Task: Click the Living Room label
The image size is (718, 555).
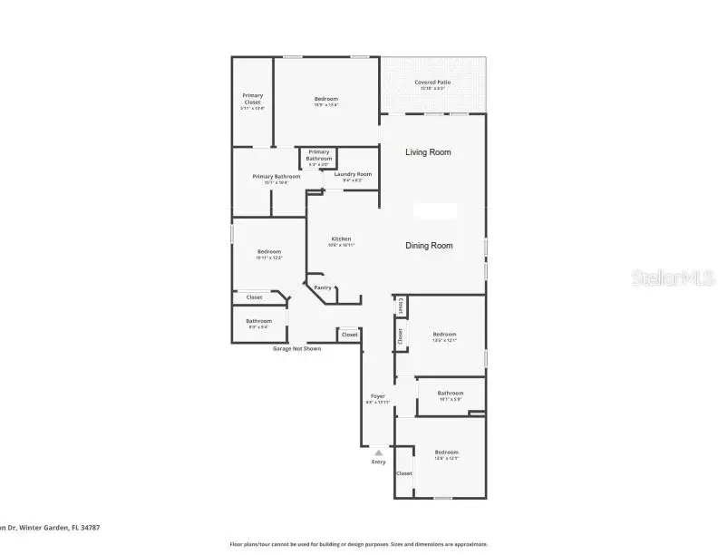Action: [x=428, y=152]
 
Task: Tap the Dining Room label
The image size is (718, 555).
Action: [x=428, y=246]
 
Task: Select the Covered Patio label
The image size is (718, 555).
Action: [x=432, y=83]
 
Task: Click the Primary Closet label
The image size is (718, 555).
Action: [x=252, y=99]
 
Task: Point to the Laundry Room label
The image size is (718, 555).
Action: [x=353, y=174]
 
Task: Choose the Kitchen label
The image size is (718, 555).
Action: [x=341, y=239]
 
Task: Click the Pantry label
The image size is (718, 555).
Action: [x=323, y=288]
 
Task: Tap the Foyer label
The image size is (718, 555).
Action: [x=378, y=396]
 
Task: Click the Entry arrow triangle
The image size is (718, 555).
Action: [x=378, y=452]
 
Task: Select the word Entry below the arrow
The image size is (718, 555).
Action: [x=378, y=462]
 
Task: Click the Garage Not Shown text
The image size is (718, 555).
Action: [x=296, y=348]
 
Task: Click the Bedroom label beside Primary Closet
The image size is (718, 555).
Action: [x=326, y=99]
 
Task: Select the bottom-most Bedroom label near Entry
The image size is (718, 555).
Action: [x=446, y=453]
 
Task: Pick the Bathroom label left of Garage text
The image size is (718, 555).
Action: [x=258, y=321]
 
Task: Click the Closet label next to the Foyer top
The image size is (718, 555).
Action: [x=349, y=335]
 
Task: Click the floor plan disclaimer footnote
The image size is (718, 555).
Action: [x=358, y=544]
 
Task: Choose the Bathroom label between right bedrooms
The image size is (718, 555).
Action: [x=451, y=394]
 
